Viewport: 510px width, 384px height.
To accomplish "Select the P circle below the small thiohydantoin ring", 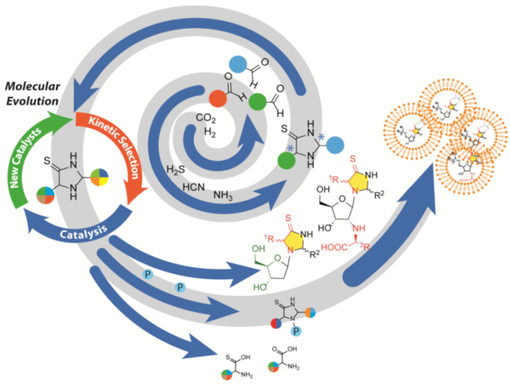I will click(297, 331).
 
